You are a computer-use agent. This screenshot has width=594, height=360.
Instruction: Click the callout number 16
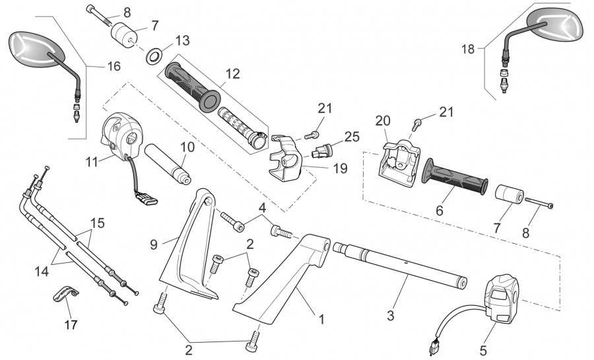click(114, 66)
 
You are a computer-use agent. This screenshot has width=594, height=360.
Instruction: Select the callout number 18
click(468, 49)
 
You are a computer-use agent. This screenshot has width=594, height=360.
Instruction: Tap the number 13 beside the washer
click(183, 40)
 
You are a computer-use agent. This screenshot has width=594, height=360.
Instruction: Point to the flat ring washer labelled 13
click(154, 56)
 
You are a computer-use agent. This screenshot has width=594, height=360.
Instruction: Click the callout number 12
click(233, 74)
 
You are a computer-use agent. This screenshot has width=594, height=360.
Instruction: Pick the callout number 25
click(352, 137)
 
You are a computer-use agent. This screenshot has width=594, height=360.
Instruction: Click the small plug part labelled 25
click(321, 151)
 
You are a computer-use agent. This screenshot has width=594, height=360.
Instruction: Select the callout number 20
click(383, 121)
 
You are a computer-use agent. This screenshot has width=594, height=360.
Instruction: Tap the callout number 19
click(340, 168)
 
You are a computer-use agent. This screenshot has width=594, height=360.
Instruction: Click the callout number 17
click(71, 325)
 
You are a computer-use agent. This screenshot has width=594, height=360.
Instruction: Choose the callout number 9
click(153, 244)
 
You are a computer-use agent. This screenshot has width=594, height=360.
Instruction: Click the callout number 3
click(391, 315)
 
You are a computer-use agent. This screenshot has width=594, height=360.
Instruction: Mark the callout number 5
click(483, 350)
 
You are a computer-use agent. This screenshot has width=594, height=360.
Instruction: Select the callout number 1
click(321, 320)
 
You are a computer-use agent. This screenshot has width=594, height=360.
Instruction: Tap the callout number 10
click(187, 147)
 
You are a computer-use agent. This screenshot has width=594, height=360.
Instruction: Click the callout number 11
click(92, 162)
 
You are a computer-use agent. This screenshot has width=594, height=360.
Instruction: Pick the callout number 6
click(440, 210)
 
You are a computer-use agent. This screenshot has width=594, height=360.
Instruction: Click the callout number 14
click(42, 271)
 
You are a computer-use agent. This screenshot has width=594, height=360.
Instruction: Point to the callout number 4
click(263, 207)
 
